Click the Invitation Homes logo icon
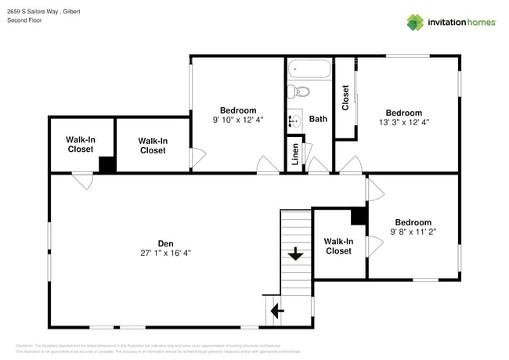click(415, 22)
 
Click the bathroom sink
click(294, 121)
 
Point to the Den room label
click(165, 243)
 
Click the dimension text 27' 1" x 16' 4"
click(165, 253)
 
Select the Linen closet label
click(294, 154)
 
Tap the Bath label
click(318, 120)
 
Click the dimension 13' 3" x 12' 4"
click(403, 122)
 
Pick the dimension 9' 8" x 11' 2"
click(413, 232)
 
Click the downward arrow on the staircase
click(296, 254)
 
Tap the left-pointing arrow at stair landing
click(277, 311)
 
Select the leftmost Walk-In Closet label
click(81, 144)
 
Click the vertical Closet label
click(345, 97)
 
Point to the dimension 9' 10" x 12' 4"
click(237, 120)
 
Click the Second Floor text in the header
click(24, 20)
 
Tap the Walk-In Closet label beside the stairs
click(338, 247)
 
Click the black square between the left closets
click(106, 165)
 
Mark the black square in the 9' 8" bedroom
click(359, 215)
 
